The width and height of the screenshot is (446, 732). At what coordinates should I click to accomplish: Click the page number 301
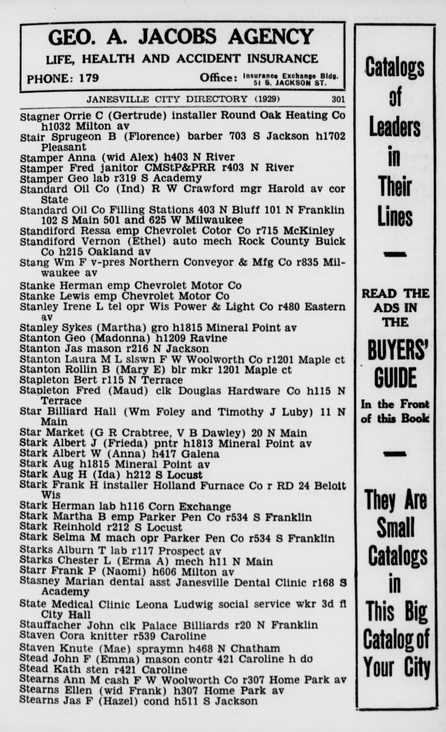tap(338, 99)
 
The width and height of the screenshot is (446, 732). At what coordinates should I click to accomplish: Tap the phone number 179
tap(89, 78)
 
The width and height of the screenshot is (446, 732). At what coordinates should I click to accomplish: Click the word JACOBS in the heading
tap(178, 37)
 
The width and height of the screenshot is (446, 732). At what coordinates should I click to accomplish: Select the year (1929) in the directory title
tap(267, 99)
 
